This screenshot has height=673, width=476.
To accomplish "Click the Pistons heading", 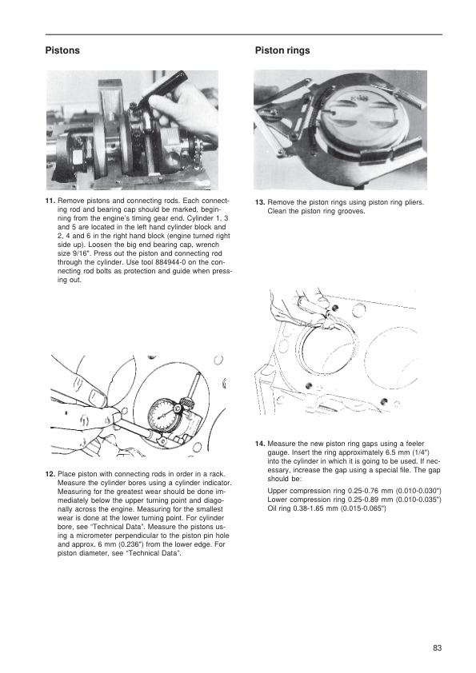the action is (62, 50).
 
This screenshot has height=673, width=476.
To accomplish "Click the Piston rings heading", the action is (282, 50).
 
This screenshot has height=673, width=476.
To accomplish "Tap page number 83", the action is (438, 647).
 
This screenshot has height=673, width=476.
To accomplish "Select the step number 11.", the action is (50, 201).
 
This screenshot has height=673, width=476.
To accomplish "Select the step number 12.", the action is (50, 474).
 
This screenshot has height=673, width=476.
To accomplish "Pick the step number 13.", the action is (260, 202).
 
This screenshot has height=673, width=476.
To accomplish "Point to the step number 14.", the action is (260, 444).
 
